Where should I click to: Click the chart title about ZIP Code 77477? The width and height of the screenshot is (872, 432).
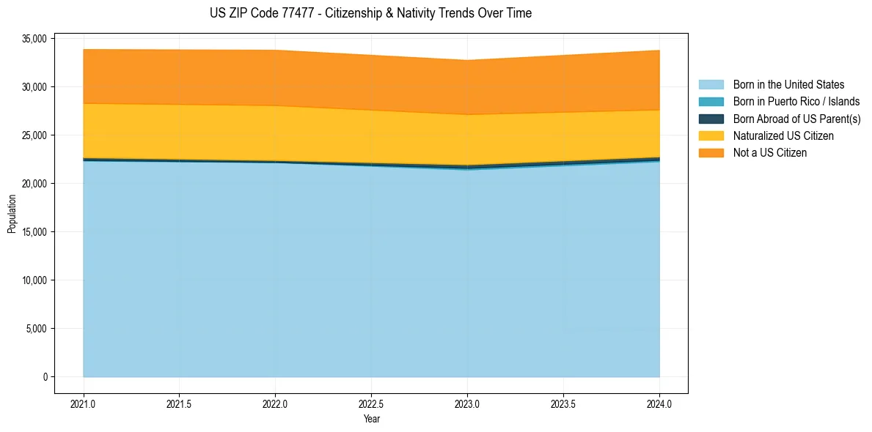[370, 13]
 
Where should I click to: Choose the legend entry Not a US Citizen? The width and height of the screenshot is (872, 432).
[769, 152]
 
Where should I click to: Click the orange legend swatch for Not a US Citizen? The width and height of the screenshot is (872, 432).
[711, 152]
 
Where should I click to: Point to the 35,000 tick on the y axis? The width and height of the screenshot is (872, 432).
[34, 39]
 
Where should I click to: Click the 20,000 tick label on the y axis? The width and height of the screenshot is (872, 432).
[34, 184]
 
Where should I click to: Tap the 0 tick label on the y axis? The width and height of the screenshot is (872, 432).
[44, 377]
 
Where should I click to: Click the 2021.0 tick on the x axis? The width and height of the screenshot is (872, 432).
[84, 403]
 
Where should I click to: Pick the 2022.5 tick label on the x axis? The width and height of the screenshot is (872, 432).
[371, 403]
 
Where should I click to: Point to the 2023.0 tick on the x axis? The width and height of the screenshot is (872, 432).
[467, 403]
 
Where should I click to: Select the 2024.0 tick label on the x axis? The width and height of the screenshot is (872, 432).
[659, 403]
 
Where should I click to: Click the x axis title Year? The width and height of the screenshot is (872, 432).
[371, 419]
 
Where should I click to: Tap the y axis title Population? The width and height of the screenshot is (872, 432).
[12, 214]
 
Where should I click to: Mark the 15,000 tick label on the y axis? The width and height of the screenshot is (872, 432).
[34, 232]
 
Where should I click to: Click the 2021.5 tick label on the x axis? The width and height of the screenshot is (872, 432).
[180, 403]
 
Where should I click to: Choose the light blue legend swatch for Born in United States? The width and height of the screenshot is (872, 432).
[711, 85]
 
